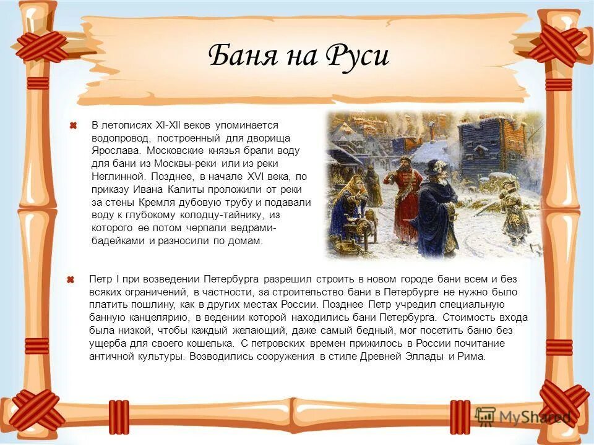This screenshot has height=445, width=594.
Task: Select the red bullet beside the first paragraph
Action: coord(72,126)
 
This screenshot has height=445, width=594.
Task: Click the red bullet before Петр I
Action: coord(72,280)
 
